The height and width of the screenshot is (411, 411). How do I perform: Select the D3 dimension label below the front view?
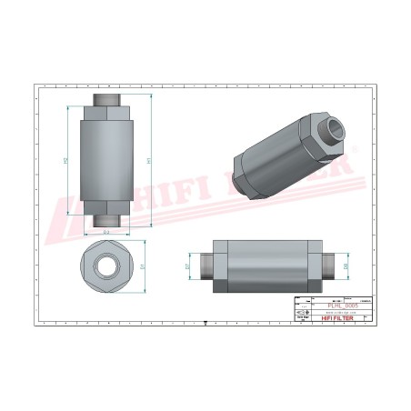106,234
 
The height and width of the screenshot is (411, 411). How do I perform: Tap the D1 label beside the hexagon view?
144,266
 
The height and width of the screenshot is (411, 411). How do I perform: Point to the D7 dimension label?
188,266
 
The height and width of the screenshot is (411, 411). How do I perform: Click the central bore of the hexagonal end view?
106,266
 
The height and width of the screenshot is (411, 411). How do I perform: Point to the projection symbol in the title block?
304,314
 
